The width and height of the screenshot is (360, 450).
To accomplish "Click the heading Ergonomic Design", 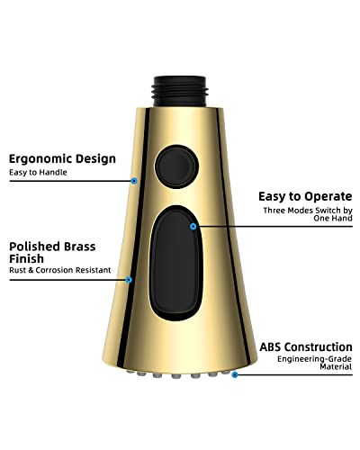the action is tap(62, 159).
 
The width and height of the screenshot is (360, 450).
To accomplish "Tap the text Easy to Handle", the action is tap(38, 173).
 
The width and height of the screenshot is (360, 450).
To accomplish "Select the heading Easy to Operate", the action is tap(305, 196).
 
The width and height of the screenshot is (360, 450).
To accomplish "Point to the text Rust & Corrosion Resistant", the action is tap(60, 270).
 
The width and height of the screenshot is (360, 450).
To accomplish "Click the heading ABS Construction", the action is tap(306, 346).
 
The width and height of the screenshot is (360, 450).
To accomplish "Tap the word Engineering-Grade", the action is tap(314, 359).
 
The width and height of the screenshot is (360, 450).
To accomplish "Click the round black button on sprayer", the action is tap(176, 166).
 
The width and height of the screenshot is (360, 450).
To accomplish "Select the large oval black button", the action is tap(176, 263).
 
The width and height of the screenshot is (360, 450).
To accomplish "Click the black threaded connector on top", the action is tap(179, 91).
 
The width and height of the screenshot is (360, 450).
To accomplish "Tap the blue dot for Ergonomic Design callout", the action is tap(134, 181).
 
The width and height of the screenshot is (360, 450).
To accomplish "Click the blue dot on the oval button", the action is tap(193, 227).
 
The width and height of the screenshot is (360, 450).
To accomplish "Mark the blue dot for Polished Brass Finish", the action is tap(129, 280).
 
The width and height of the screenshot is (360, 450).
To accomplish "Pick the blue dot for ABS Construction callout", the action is tap(235, 374).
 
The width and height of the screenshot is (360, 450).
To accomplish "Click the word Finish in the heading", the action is tap(26, 258).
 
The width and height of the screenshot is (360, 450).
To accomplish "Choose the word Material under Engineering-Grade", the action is tap(336, 366).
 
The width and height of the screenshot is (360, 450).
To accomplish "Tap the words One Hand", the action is tap(333, 218).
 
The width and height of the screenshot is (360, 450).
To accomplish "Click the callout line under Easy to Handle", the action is tap(72, 181).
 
